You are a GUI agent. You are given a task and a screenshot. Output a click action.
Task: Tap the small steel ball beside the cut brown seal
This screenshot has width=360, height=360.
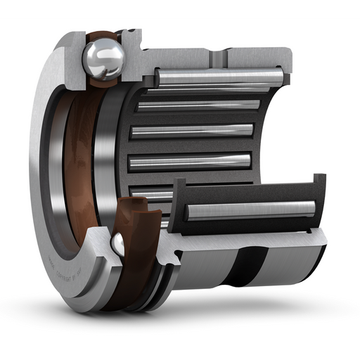(x=118, y=243)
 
